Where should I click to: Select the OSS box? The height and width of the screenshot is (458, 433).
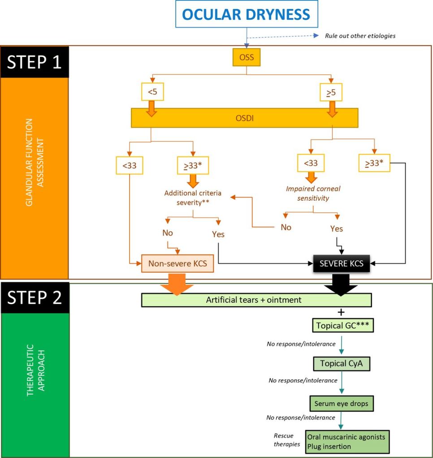click(x=246, y=57)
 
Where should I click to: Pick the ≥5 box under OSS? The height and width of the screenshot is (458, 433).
click(x=332, y=93)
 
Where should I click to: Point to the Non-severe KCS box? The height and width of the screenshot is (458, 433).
click(x=177, y=263)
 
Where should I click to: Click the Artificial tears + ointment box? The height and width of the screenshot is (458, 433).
click(x=256, y=300)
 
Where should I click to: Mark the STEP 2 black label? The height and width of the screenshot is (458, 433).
click(x=35, y=298)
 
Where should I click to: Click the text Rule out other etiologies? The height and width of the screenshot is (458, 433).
click(x=360, y=36)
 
